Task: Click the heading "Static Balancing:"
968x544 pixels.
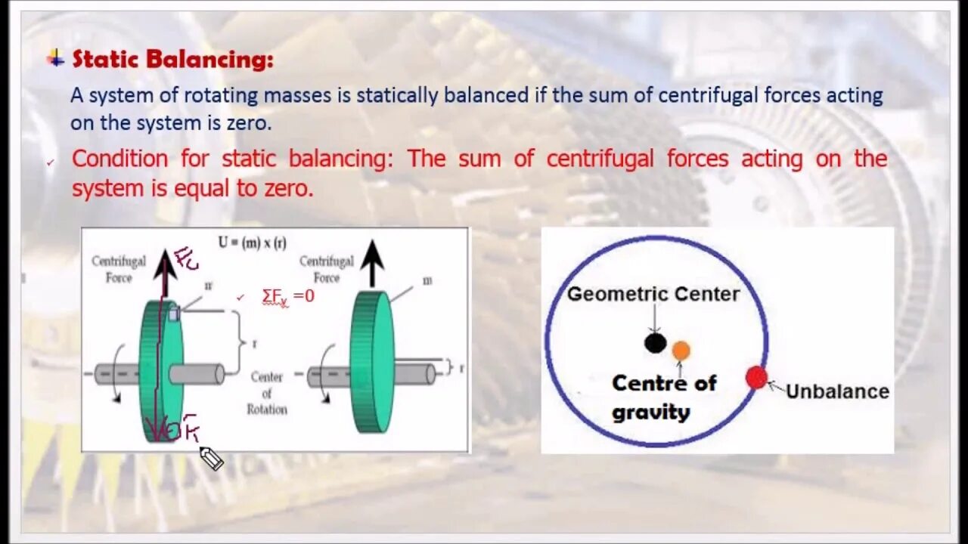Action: [172, 59]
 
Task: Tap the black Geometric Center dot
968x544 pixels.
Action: [655, 344]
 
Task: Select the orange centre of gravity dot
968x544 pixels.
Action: [681, 351]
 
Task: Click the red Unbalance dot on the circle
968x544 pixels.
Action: [755, 378]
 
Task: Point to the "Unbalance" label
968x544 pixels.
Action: [837, 391]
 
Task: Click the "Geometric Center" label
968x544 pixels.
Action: [653, 294]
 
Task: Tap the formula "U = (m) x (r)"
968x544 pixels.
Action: [252, 243]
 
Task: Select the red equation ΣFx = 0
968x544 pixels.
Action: [287, 296]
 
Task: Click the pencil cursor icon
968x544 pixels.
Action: [211, 458]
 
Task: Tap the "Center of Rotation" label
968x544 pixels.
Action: [266, 393]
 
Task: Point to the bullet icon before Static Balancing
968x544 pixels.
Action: [55, 59]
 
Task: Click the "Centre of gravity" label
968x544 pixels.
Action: [663, 397]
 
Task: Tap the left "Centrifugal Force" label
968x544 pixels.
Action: [119, 269]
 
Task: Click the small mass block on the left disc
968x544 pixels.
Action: [174, 314]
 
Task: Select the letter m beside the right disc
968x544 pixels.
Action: [427, 280]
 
